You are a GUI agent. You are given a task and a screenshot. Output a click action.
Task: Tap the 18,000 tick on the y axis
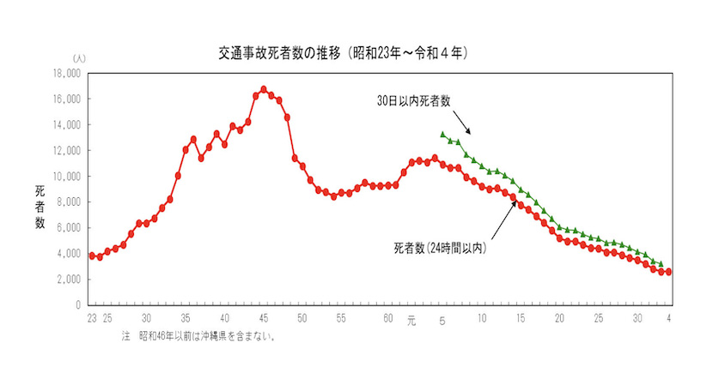point(66,73)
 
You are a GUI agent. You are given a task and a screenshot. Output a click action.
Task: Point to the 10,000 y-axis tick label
point(66,176)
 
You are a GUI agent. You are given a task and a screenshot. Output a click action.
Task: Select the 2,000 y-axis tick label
point(69,279)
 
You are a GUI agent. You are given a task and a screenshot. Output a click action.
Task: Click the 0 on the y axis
point(77,304)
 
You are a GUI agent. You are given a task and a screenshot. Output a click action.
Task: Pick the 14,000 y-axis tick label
point(66,124)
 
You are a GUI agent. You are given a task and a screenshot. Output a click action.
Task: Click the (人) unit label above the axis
point(80,58)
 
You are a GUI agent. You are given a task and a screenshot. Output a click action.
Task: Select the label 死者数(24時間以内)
point(440,249)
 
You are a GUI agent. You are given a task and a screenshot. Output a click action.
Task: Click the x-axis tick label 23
point(91,319)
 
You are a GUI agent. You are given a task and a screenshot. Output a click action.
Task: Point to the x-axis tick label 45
point(264,319)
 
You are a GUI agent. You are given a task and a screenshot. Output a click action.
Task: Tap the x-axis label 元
point(411,320)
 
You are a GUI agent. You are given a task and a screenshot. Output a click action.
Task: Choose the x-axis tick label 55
point(342,319)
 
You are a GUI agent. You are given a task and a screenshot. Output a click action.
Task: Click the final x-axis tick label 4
point(668,319)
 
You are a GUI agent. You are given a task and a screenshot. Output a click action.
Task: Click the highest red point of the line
point(264,89)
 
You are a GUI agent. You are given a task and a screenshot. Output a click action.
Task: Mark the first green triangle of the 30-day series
point(442,134)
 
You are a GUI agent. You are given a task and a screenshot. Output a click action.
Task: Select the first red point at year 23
point(92,256)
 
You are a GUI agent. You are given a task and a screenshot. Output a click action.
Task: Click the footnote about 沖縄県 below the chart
point(201,336)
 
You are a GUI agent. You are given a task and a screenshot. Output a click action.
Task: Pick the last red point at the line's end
point(668,272)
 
